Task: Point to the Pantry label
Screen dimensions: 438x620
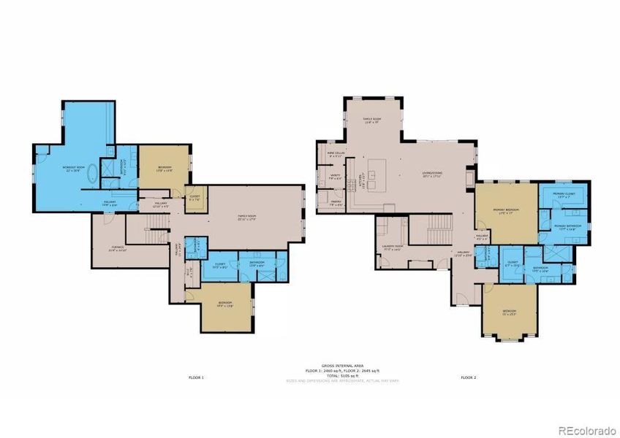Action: [x=336, y=202]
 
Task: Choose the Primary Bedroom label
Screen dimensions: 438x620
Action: [x=506, y=211]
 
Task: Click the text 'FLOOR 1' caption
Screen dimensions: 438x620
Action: [x=197, y=377]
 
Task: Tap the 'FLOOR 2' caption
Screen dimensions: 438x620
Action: [x=468, y=377]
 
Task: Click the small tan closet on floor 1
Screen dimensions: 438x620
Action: [x=195, y=199]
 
